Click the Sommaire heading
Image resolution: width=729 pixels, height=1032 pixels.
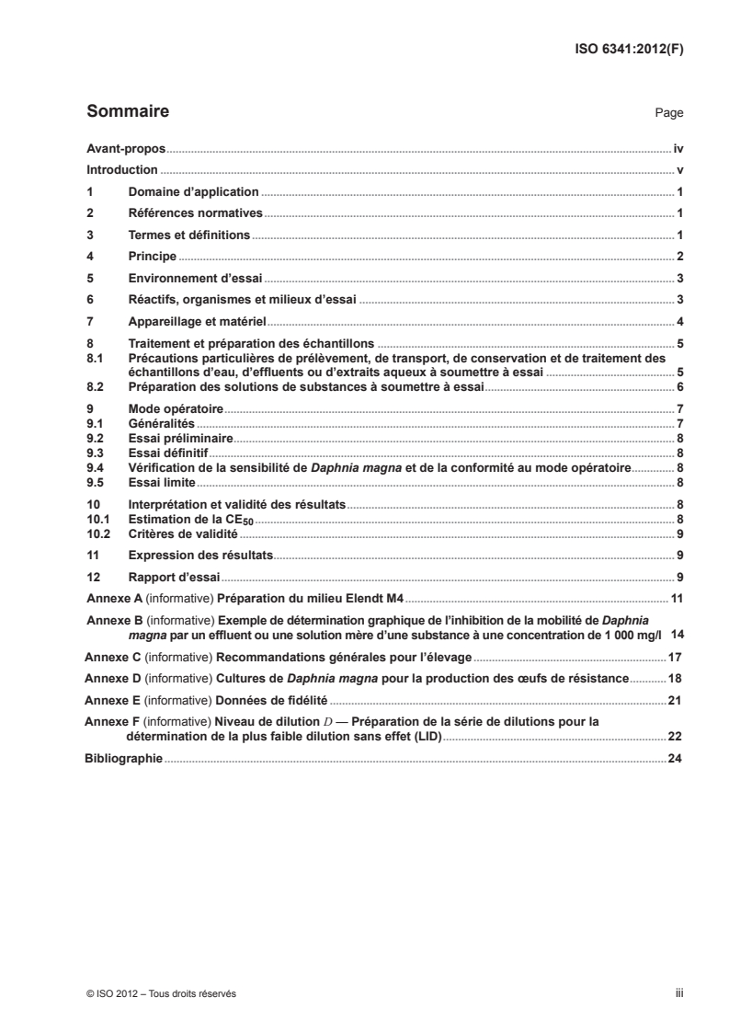click(127, 112)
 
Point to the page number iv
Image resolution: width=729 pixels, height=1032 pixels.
click(678, 148)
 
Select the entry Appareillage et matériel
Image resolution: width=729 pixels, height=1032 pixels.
click(197, 321)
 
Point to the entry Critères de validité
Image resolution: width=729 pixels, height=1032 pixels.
click(183, 533)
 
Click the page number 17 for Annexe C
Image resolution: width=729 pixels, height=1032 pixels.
click(676, 658)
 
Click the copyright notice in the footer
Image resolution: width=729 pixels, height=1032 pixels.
click(161, 993)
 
